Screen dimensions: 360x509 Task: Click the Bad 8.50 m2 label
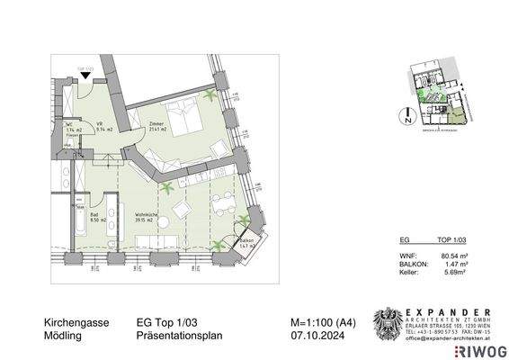98,216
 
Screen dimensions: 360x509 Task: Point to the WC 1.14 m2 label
74,130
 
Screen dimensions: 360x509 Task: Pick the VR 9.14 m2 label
104,129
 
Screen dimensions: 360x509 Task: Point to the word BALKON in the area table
410,265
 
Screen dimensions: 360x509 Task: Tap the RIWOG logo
481,349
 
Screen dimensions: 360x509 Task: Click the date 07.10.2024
307,335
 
